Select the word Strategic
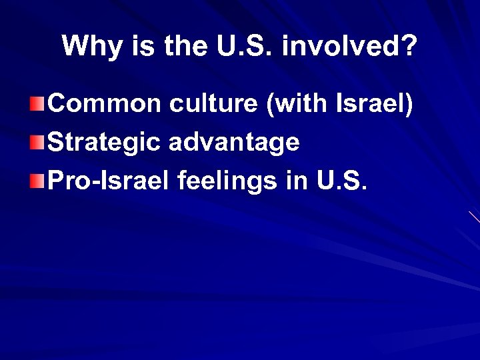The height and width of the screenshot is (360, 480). (103, 142)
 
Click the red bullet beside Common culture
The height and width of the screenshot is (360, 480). (38, 105)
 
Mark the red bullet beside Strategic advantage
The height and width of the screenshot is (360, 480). (38, 142)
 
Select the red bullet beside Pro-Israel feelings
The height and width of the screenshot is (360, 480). (38, 179)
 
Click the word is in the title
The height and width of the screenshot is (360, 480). (138, 47)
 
